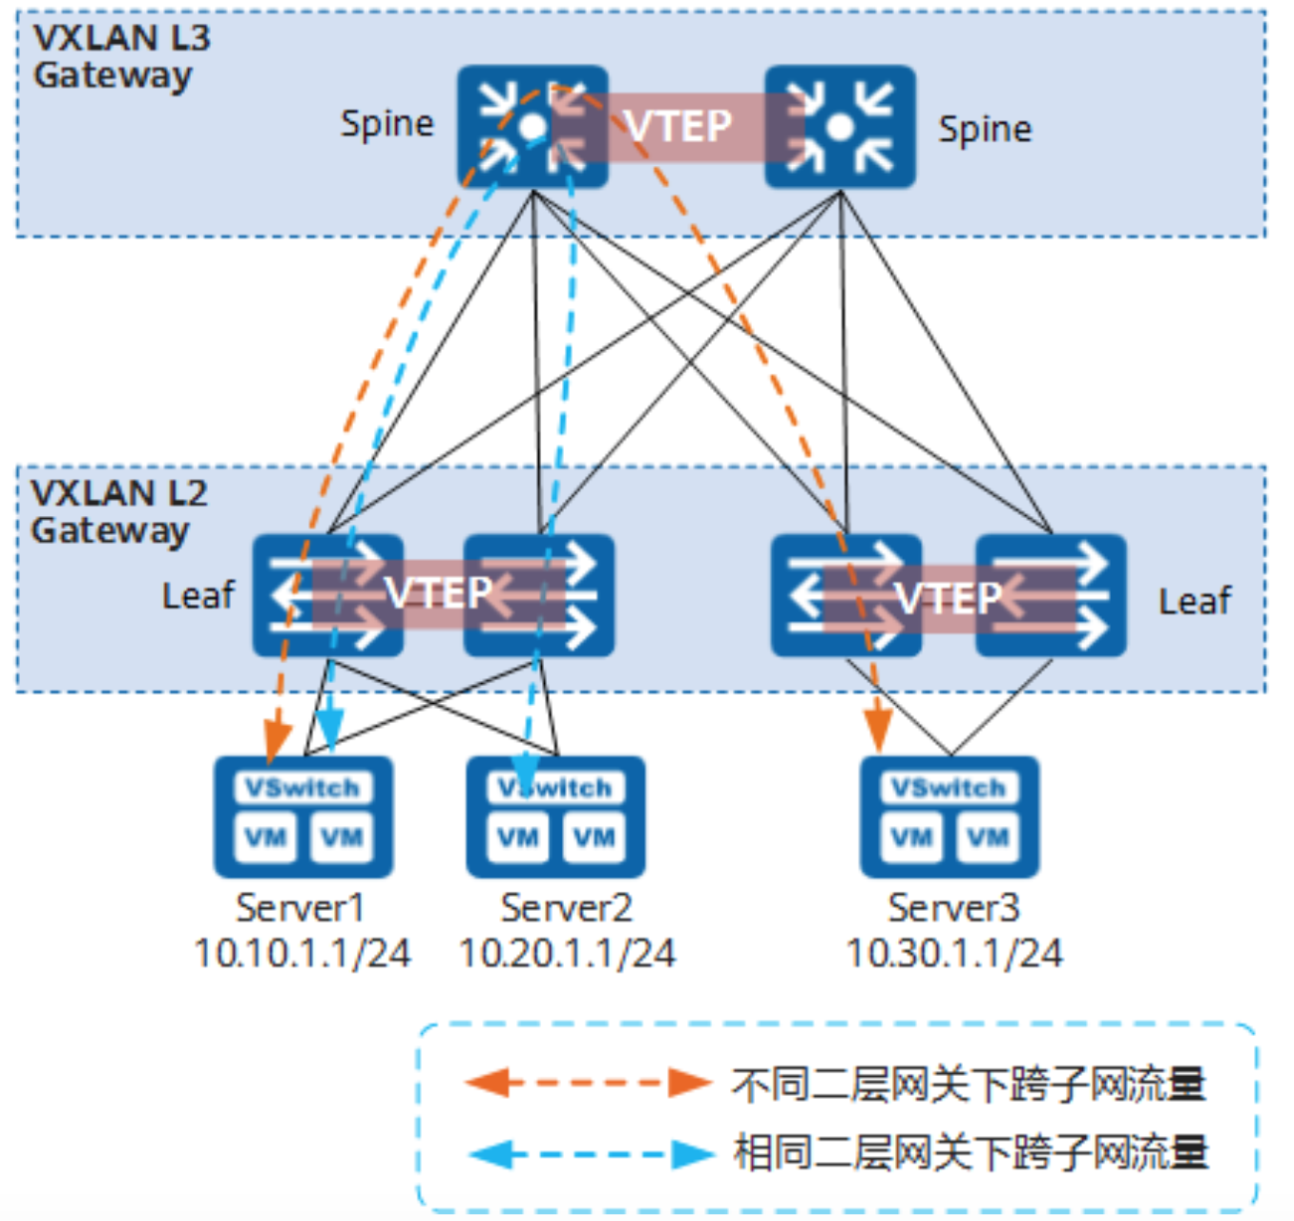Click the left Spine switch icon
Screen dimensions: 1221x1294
point(532,127)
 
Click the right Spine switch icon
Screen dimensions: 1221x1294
point(840,127)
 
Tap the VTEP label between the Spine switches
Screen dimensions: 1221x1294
point(678,126)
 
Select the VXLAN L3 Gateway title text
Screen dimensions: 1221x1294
point(120,56)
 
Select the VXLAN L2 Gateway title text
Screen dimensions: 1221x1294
point(118,511)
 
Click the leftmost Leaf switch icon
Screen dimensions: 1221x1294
point(327,595)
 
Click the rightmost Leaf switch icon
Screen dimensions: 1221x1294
point(1051,595)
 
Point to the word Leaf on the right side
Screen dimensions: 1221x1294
point(1194,601)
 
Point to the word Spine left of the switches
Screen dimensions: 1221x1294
point(386,124)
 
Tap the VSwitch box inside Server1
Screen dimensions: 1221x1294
point(303,787)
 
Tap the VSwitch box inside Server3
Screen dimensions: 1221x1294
point(949,787)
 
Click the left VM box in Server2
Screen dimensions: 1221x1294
point(517,838)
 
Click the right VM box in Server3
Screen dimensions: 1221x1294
point(988,838)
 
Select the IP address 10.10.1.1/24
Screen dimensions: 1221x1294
point(302,953)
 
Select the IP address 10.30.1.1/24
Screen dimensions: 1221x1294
point(953,953)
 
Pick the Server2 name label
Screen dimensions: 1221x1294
point(566,908)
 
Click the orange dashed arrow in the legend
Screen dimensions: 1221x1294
point(587,1083)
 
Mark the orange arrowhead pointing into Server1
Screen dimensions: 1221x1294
point(277,739)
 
